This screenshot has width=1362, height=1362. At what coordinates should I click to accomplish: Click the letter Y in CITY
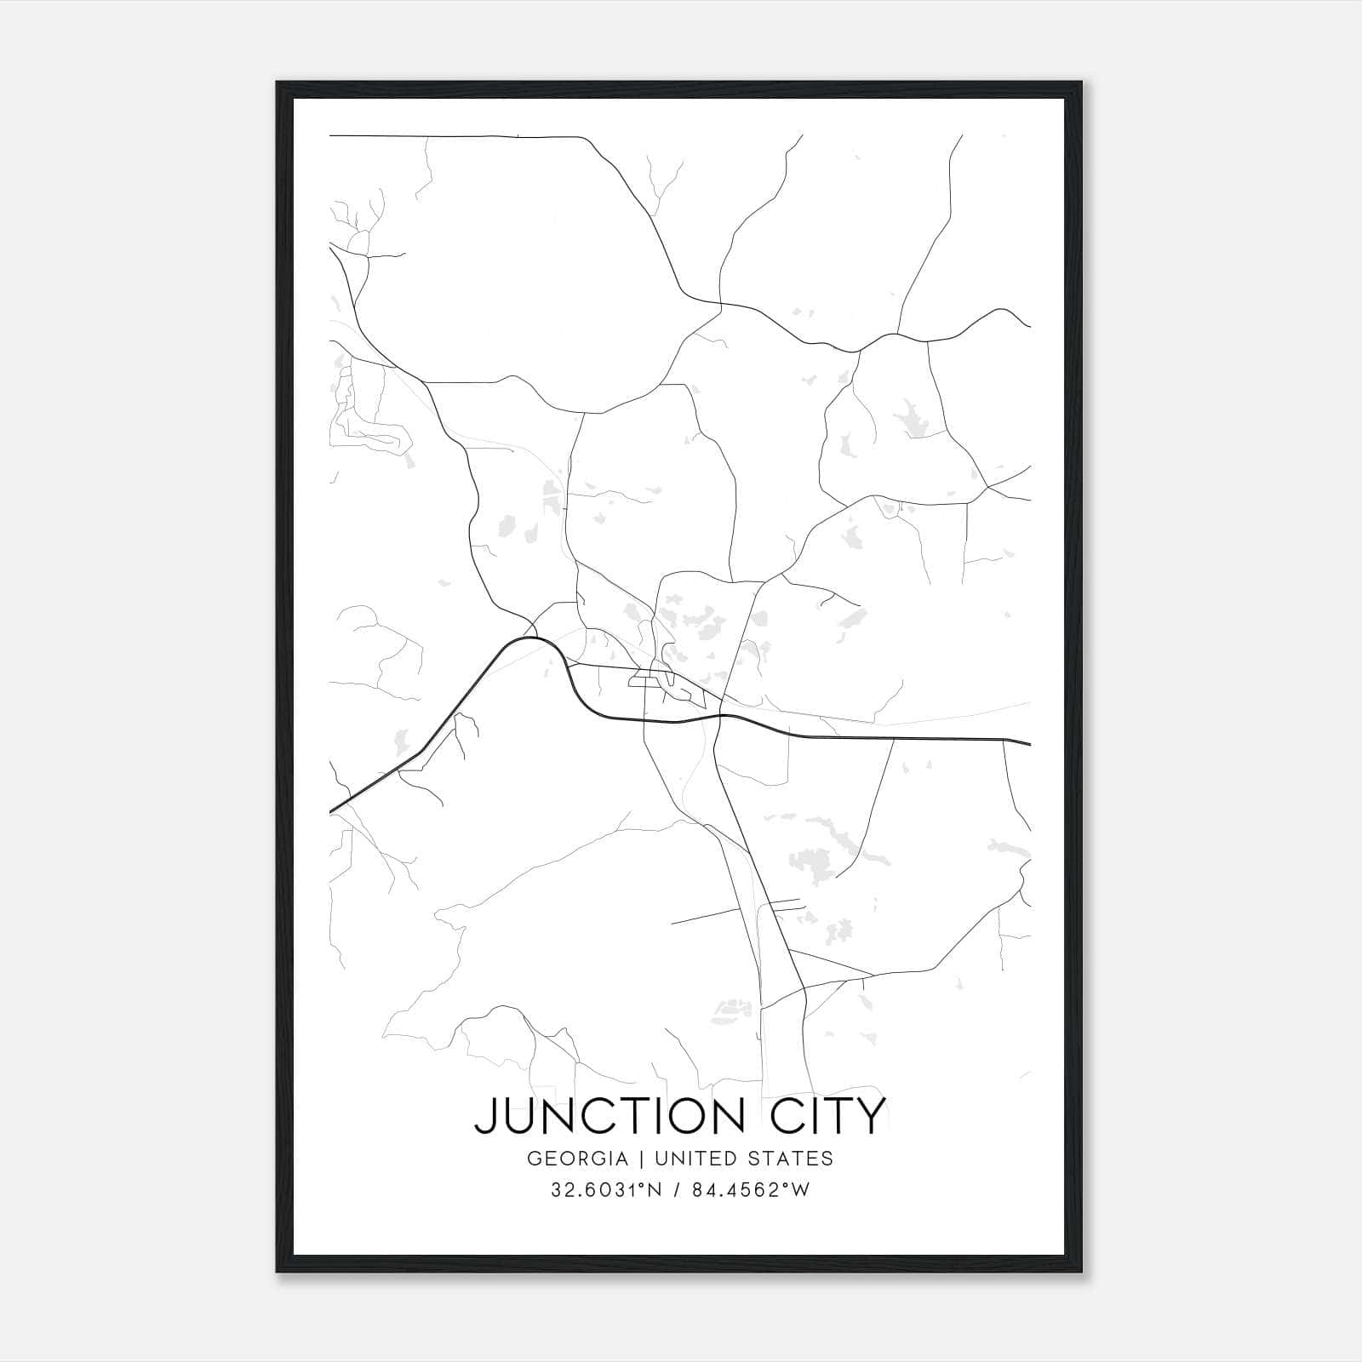pyautogui.click(x=870, y=1116)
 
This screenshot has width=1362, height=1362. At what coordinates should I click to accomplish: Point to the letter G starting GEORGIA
pyautogui.click(x=534, y=1159)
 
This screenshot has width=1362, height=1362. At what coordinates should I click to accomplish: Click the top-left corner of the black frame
pyautogui.click(x=277, y=82)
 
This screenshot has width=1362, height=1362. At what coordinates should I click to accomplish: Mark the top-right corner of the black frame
pyautogui.click(x=1083, y=82)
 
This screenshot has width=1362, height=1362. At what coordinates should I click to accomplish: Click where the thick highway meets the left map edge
pyautogui.click(x=330, y=811)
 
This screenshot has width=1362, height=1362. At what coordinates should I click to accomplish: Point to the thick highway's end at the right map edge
pyautogui.click(x=1030, y=743)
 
